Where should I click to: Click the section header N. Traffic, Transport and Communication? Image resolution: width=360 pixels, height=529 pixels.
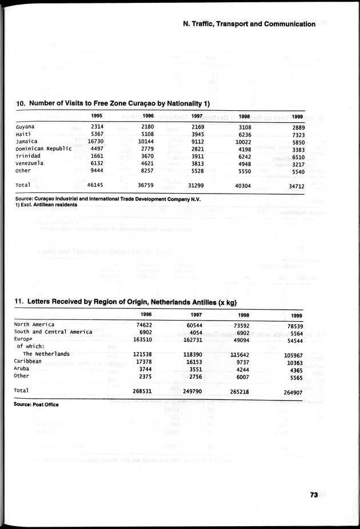point(249,24)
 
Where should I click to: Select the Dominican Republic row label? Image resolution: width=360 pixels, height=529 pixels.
point(43,149)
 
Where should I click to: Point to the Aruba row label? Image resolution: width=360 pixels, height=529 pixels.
point(23,368)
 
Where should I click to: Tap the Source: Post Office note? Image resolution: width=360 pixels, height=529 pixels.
point(36,404)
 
